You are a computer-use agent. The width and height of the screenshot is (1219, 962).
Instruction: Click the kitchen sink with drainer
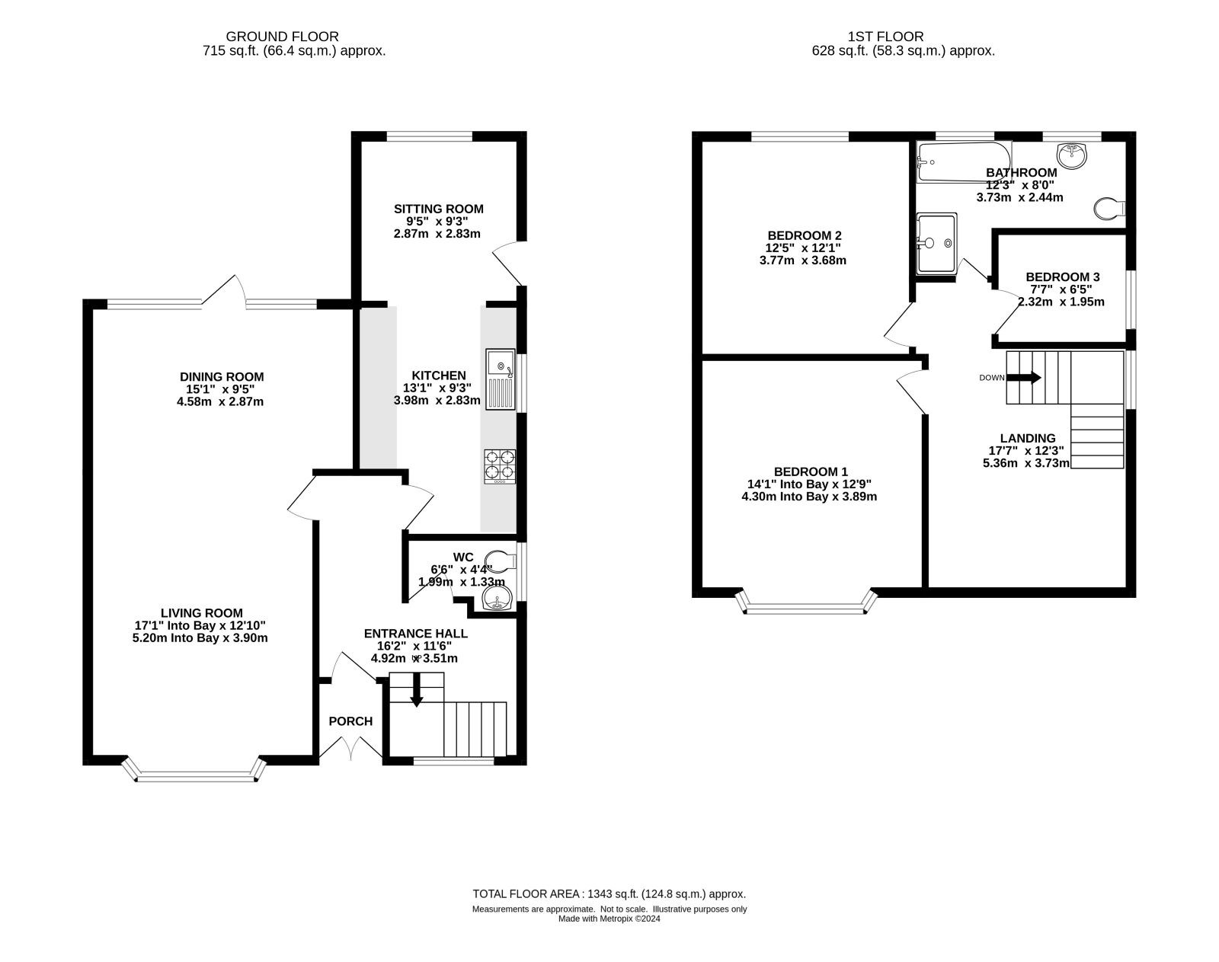click(501, 379)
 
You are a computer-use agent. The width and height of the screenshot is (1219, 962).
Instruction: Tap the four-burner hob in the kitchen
click(500, 466)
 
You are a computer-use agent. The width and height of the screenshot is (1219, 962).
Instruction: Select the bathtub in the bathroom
click(964, 161)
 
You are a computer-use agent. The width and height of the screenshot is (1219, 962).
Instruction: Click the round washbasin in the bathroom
click(1072, 155)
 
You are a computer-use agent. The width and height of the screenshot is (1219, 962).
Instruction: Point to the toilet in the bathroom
click(1109, 209)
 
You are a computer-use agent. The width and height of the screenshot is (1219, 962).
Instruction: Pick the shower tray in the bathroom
click(937, 243)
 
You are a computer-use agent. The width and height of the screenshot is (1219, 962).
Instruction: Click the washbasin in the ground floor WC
click(497, 597)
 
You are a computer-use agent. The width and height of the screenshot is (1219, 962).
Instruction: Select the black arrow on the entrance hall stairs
click(416, 689)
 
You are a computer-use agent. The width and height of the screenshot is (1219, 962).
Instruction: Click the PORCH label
click(350, 721)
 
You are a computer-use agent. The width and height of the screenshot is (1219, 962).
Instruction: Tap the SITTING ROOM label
click(438, 209)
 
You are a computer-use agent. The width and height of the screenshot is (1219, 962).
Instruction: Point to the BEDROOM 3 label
click(1063, 277)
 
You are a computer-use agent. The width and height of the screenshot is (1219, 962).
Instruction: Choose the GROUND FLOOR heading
click(282, 37)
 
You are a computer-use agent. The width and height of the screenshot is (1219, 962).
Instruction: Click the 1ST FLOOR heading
click(885, 37)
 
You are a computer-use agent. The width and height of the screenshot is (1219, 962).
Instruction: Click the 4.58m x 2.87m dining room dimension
click(220, 402)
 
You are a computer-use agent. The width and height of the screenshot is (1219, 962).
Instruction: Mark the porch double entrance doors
click(351, 747)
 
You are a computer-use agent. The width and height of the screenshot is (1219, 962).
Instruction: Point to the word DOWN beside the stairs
click(992, 378)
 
